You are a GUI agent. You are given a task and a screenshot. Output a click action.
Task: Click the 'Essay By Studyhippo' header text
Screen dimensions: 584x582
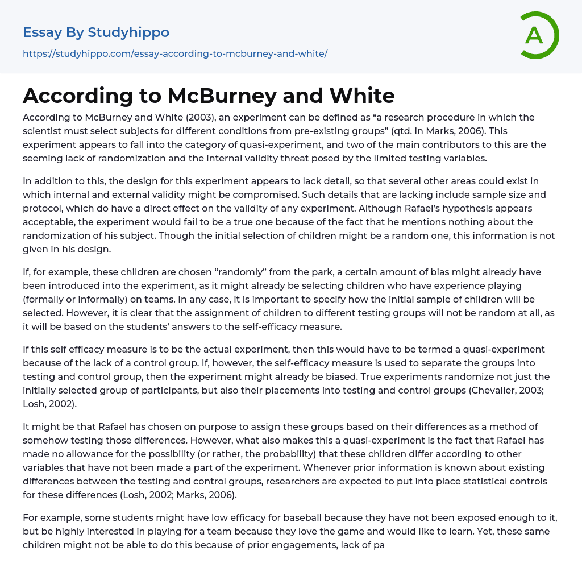pos(96,32)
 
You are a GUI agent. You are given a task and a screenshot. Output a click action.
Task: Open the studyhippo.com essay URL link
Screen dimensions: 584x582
pos(175,53)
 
